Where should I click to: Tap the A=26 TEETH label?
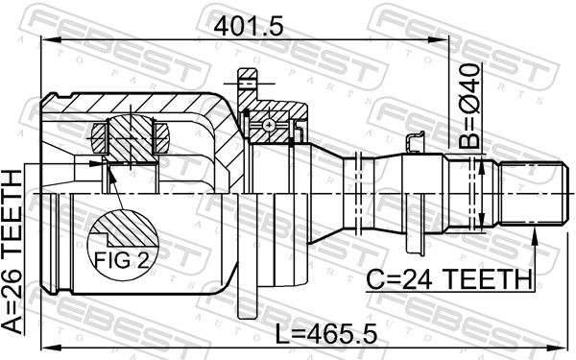(x=13, y=252)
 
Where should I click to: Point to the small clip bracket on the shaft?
(x=416, y=142)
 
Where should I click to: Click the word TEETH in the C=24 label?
(x=491, y=278)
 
